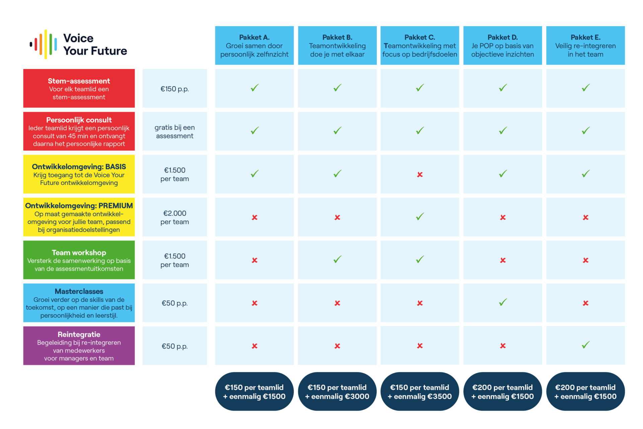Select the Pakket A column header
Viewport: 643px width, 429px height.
[x=254, y=45]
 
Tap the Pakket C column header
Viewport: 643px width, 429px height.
[x=420, y=45]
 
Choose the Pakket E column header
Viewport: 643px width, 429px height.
[x=585, y=45]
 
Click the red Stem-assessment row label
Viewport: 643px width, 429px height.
[x=79, y=88]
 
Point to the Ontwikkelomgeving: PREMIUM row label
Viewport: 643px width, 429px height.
[x=79, y=217]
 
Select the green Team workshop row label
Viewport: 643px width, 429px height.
[x=79, y=260]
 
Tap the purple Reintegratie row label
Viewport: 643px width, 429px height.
[x=79, y=346]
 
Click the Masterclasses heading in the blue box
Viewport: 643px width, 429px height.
[x=79, y=291]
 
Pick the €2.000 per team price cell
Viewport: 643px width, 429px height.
[x=175, y=217]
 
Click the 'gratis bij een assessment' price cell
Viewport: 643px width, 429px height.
[x=175, y=131]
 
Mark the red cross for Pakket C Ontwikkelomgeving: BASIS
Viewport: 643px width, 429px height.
[x=420, y=174]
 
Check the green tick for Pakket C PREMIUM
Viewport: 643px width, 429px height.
[x=420, y=217]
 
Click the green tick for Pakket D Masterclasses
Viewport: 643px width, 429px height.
[x=503, y=302]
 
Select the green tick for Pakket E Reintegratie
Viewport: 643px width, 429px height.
[x=586, y=345]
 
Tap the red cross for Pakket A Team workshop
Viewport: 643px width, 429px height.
[x=255, y=260]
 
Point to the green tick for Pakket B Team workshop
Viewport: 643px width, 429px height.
[x=338, y=259]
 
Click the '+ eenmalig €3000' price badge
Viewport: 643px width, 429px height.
[x=337, y=391]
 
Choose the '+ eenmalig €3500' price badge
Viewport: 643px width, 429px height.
[x=420, y=391]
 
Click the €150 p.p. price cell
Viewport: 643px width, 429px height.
[x=175, y=88]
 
